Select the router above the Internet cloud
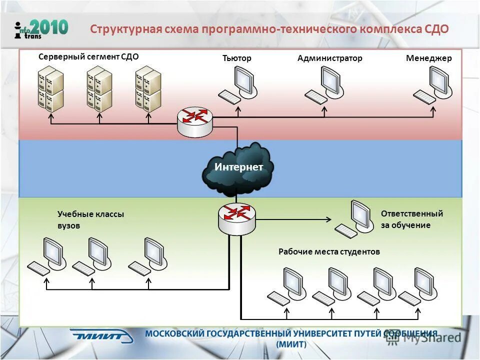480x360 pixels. [194, 120]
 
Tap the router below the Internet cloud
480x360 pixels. [236, 217]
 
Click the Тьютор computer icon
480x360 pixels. [238, 85]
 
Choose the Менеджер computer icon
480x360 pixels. [432, 85]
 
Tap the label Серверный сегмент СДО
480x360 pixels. [88, 57]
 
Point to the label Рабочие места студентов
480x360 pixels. [329, 252]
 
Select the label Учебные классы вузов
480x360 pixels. [90, 219]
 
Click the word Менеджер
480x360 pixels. [428, 58]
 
